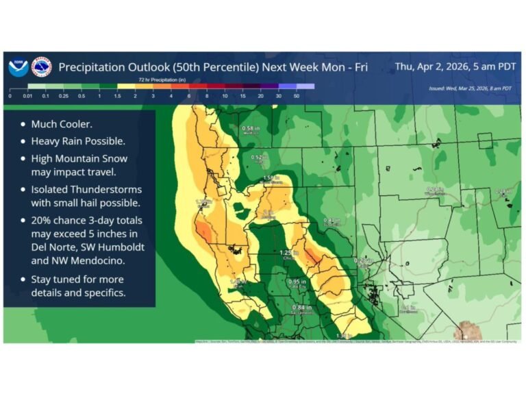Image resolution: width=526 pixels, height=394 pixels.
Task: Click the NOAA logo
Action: tap(18, 67)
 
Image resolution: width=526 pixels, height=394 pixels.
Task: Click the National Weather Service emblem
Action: tap(42, 67)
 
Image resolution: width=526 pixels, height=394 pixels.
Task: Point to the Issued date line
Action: tap(470, 88)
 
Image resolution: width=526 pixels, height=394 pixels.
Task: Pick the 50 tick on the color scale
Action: tap(297, 97)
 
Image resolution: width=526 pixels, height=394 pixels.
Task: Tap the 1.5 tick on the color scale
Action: tap(116, 97)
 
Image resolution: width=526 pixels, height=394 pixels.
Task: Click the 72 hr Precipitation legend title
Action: tap(162, 80)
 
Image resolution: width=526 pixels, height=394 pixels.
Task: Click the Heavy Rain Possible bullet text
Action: tap(76, 141)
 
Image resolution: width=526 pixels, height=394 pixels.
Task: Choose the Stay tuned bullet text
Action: tap(77, 280)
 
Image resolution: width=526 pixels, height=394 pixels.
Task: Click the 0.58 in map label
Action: tap(251, 129)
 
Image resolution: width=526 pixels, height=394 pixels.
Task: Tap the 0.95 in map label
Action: tap(297, 282)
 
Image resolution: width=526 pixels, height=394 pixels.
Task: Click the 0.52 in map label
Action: tap(260, 157)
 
